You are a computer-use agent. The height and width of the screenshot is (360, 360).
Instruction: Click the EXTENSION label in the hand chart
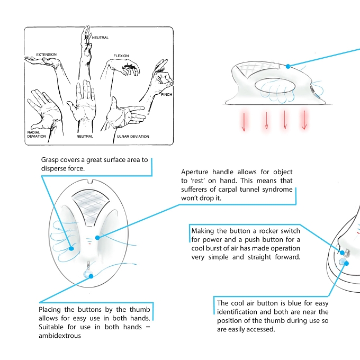point(47,55)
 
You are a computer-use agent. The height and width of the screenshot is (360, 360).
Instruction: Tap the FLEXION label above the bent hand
point(121,56)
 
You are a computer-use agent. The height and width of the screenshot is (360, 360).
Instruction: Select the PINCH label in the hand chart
point(166,94)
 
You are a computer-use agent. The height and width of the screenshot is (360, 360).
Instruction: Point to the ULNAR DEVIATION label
point(133,137)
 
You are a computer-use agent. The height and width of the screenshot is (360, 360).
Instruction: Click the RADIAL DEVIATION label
point(37,134)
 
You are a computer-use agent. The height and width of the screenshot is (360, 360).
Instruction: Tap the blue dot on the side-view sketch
point(288,66)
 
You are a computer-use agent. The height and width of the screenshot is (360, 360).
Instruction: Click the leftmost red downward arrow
point(244,121)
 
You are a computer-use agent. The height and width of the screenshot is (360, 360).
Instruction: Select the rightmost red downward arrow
point(304,120)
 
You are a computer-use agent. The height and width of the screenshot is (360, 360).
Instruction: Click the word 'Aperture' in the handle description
point(195,172)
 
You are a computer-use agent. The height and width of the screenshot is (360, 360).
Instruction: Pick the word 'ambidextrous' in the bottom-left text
point(60,336)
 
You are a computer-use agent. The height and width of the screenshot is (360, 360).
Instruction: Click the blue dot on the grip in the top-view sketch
point(71,248)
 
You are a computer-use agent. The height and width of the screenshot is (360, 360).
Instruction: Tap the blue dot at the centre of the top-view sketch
point(97,238)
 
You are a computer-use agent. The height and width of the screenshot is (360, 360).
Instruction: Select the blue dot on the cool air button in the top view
point(91,276)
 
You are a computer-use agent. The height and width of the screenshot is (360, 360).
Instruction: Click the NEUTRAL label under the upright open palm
point(85,137)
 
